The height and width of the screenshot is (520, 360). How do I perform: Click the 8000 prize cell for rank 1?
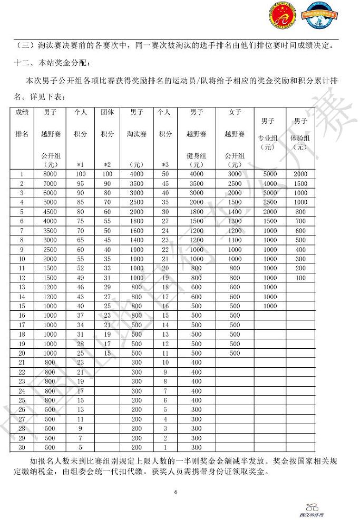(x=50, y=174)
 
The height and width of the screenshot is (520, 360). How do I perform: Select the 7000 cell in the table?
(x=50, y=183)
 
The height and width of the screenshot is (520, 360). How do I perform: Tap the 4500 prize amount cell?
(x=50, y=212)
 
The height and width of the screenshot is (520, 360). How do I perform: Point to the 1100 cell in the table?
(x=235, y=240)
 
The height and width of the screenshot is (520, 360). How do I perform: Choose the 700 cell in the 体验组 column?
(x=300, y=221)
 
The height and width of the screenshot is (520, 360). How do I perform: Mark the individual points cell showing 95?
(x=81, y=183)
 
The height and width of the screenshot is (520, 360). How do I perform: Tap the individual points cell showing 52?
(x=81, y=269)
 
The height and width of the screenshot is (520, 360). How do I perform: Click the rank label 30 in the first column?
(x=22, y=448)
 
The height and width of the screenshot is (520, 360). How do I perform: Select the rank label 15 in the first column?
(x=22, y=306)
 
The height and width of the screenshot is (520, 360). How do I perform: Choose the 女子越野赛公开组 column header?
(x=235, y=134)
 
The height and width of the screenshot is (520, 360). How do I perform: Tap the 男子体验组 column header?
(x=300, y=132)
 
